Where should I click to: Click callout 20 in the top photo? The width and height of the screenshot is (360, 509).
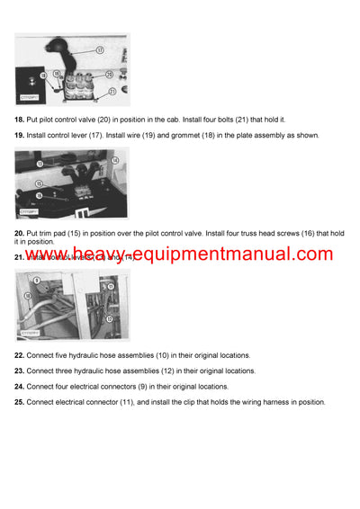click(110, 75)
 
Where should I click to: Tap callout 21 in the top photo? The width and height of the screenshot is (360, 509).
click(112, 91)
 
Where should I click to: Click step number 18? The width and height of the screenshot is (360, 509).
click(19, 119)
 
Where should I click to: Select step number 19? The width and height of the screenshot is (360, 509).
click(19, 134)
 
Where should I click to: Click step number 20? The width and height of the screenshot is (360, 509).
click(19, 233)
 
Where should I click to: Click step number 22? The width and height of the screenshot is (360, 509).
click(19, 356)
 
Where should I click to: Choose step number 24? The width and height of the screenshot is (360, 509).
click(19, 387)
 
